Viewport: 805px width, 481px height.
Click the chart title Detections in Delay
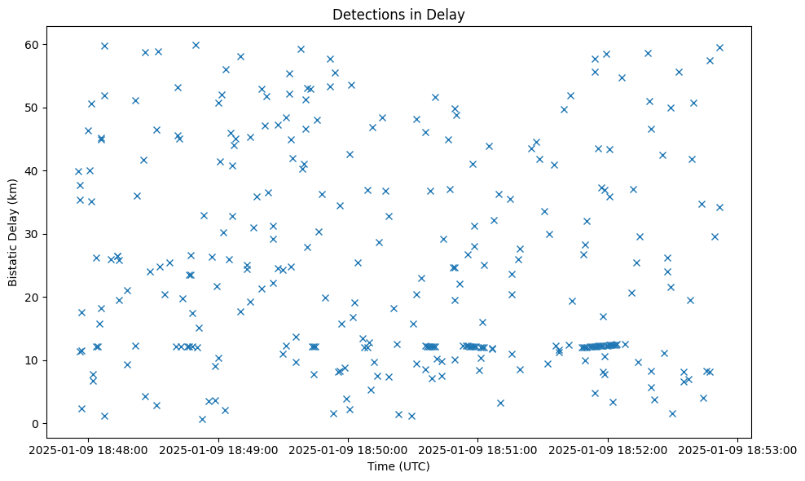[x=398, y=15]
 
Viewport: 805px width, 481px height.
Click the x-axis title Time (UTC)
[x=398, y=467]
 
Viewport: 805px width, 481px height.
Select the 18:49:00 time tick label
[x=218, y=449]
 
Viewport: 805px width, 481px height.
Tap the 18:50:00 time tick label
[x=349, y=449]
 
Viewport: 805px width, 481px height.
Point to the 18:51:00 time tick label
[x=477, y=449]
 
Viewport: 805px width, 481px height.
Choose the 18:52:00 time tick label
[x=608, y=449]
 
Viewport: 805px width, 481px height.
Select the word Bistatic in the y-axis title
[x=13, y=261]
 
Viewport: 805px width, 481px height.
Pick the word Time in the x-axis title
[x=381, y=467]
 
